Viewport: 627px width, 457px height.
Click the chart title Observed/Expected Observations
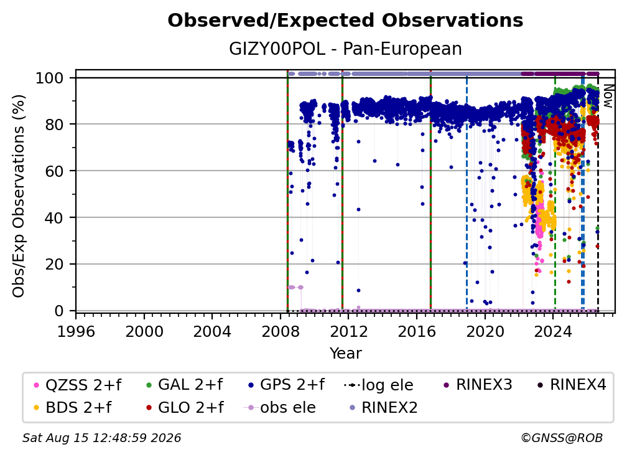click(345, 21)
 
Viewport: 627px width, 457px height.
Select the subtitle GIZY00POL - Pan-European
click(345, 49)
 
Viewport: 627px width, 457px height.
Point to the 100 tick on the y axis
click(50, 78)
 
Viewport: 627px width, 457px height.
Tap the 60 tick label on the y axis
click(54, 171)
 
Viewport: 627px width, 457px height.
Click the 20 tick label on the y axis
click(54, 264)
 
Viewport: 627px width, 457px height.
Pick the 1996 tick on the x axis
click(76, 332)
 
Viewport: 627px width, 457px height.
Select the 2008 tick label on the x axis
click(281, 332)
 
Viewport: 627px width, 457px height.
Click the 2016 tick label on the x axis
click(417, 332)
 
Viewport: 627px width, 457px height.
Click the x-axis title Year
click(345, 354)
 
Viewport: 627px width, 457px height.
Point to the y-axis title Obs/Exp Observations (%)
click(19, 196)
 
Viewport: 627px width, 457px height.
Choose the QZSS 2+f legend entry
click(78, 385)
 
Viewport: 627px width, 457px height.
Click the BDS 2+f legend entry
click(73, 407)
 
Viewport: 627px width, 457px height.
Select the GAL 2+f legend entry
click(184, 385)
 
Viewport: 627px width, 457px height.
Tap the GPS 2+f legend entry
click(286, 385)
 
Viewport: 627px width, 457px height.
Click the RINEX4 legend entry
click(572, 385)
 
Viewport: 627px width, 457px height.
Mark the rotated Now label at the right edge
click(608, 96)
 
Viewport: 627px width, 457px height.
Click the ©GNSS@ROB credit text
click(562, 438)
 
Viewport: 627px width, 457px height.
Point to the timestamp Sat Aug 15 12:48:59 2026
click(101, 438)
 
